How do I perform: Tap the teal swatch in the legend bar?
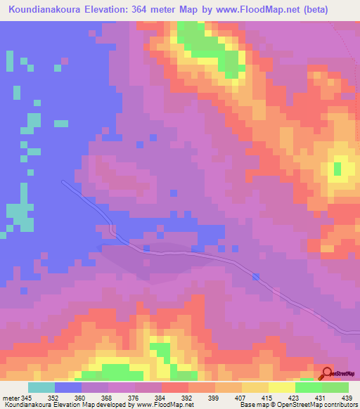tap(41, 387)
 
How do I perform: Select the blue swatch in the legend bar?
tap(68, 387)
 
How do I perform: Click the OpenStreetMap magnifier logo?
tap(327, 373)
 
